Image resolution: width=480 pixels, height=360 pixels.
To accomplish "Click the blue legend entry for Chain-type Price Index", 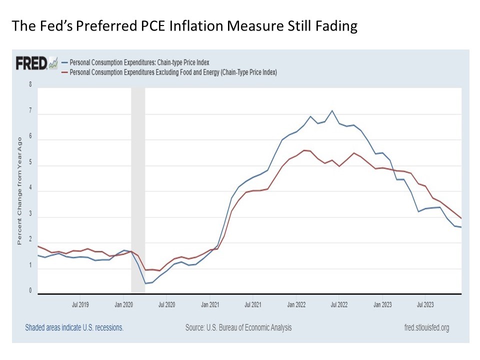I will [139, 62].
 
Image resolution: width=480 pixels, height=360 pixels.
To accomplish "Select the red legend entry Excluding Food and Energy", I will [173, 72].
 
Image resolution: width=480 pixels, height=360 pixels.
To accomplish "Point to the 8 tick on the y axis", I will [30, 85].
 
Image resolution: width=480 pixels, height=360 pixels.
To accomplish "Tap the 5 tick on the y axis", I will [30, 163].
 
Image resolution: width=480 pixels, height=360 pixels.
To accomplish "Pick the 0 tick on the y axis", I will [30, 290].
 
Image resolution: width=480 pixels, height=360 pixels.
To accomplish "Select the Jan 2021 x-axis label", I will [210, 303].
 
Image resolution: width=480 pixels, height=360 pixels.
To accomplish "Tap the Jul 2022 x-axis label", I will [339, 303].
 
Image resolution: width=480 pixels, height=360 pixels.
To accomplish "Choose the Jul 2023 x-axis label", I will [425, 303].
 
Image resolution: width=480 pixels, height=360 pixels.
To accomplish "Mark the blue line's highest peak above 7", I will [332, 110].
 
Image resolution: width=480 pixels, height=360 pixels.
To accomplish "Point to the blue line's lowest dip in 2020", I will [145, 283].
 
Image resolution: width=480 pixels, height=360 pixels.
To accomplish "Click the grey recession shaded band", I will [138, 190].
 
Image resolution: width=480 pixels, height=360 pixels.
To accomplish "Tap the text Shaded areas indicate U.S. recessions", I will [74, 328].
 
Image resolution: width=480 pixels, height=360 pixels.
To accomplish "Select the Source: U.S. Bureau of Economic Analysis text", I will [238, 328].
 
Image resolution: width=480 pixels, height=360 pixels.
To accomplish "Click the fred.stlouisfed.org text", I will [426, 328].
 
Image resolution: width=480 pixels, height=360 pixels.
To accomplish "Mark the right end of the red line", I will [461, 218].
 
